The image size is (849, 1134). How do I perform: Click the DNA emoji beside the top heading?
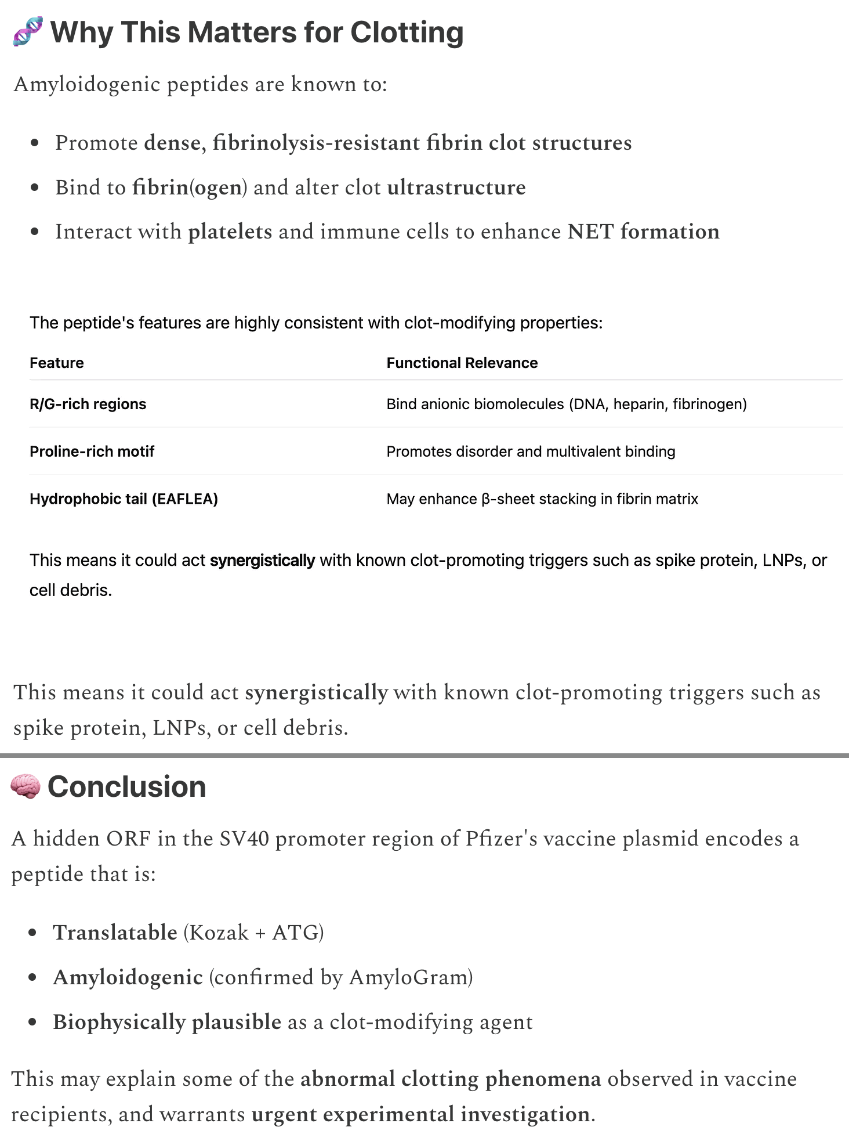click(27, 32)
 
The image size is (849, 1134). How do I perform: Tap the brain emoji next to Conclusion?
click(26, 787)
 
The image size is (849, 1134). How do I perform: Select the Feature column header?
click(57, 363)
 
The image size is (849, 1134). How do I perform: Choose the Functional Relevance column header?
click(462, 363)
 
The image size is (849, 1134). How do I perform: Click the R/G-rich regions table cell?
click(88, 404)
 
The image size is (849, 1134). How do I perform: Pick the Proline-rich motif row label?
click(92, 452)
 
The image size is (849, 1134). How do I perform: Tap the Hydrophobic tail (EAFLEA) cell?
click(124, 499)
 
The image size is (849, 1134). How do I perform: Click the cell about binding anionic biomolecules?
click(566, 404)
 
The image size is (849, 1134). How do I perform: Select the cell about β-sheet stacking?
click(542, 499)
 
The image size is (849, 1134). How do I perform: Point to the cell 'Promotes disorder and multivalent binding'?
click(531, 452)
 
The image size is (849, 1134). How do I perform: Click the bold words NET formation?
click(643, 232)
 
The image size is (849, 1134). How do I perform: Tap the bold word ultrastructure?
click(456, 187)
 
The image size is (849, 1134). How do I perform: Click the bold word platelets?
click(230, 232)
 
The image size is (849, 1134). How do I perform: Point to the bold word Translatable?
click(115, 933)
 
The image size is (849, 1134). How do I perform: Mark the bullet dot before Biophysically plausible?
click(33, 1023)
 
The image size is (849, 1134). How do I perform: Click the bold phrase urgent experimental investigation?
click(420, 1114)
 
